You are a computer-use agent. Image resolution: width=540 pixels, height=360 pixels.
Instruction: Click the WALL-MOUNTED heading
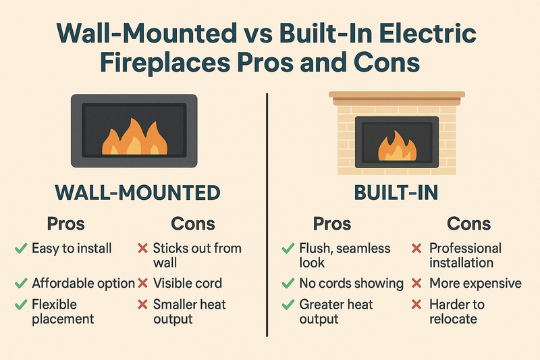[x=137, y=192]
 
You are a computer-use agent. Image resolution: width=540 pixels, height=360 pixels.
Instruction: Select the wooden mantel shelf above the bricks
[x=397, y=95]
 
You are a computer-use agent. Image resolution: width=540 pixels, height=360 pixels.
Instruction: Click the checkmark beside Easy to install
[x=20, y=249]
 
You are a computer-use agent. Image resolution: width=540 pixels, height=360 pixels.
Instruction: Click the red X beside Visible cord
[x=142, y=284]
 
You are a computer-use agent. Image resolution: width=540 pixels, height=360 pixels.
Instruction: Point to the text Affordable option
[x=83, y=284]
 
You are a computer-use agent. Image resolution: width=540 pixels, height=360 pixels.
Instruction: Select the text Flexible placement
[x=63, y=311]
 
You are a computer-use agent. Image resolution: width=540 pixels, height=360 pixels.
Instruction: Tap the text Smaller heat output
[x=190, y=311]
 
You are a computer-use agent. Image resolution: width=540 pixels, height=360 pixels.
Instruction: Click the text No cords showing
[x=351, y=284]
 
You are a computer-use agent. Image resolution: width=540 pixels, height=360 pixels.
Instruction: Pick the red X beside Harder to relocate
[x=416, y=304]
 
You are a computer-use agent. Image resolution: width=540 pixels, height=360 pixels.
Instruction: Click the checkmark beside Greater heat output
[x=287, y=304]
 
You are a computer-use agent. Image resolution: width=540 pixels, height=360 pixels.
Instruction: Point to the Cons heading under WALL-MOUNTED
[x=194, y=224]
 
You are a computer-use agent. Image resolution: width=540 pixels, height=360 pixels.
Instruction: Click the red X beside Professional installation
[x=416, y=249]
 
